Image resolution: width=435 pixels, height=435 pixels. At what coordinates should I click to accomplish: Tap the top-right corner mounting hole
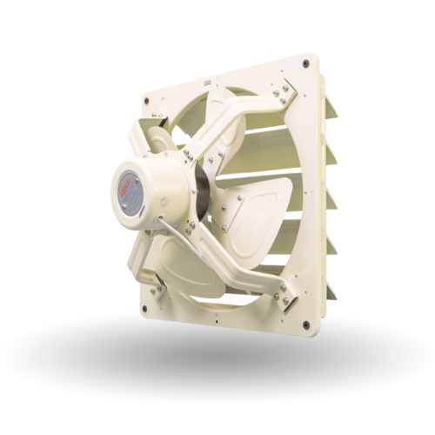[306, 64]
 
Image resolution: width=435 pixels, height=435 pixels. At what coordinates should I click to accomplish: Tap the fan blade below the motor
[187, 270]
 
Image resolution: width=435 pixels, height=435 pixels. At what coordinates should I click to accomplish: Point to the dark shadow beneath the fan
[217, 357]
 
